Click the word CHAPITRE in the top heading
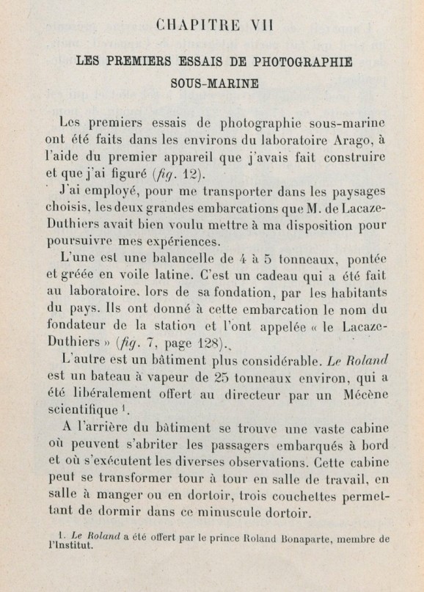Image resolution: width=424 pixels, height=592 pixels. click(x=194, y=29)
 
